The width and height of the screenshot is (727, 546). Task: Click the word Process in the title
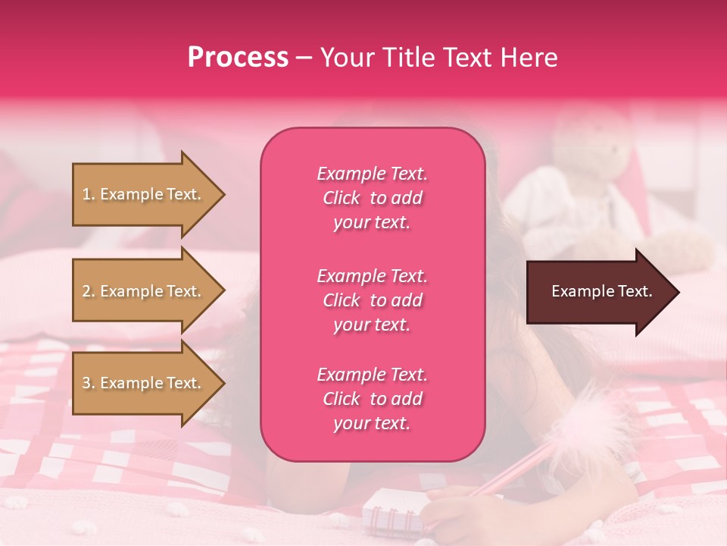(238, 58)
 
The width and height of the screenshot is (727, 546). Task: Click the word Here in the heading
(528, 58)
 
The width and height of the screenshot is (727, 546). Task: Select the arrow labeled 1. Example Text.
(144, 194)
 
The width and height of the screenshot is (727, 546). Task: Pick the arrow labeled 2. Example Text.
(144, 291)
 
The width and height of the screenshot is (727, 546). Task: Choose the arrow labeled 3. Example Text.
(144, 383)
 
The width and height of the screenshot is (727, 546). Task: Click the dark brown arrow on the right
(598, 291)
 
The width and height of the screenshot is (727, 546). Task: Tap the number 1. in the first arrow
(89, 194)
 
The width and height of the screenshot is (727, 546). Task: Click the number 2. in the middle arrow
(89, 291)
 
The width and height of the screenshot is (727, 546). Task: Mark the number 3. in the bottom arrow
(89, 383)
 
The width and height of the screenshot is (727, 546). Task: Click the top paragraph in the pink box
(372, 198)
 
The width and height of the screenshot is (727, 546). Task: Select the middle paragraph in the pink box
(372, 300)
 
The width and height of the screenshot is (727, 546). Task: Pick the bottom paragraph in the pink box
(372, 399)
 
